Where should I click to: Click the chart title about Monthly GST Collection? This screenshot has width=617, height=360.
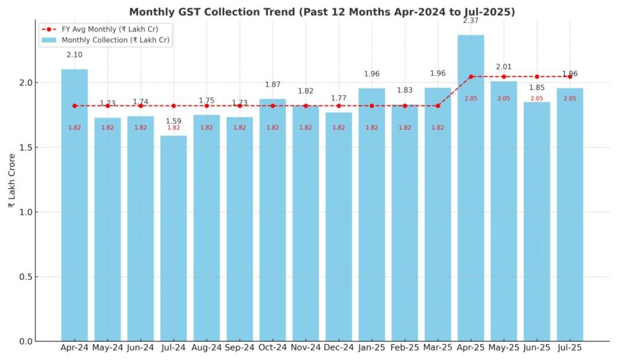click(x=322, y=12)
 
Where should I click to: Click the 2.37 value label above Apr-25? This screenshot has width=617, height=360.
click(x=471, y=21)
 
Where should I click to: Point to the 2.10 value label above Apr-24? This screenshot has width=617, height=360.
click(x=75, y=55)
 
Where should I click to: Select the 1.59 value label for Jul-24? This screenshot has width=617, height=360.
click(x=174, y=121)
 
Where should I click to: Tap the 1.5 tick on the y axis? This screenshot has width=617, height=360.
click(x=26, y=148)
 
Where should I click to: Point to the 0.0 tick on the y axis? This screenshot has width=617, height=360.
click(x=26, y=342)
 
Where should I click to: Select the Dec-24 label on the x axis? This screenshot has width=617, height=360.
click(x=339, y=348)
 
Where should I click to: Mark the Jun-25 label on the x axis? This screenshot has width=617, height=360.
click(x=537, y=348)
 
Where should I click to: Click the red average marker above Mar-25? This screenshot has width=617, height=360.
click(x=438, y=106)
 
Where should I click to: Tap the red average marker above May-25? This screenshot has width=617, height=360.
click(x=504, y=77)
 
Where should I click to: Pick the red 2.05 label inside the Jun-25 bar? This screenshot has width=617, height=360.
click(x=537, y=98)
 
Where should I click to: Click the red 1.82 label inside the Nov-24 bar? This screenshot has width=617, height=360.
click(x=305, y=128)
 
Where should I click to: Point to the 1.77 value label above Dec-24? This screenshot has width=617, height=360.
click(x=339, y=98)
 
